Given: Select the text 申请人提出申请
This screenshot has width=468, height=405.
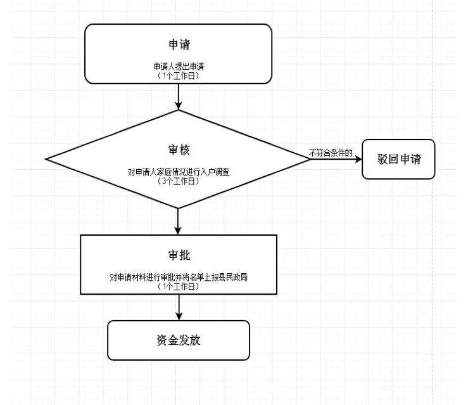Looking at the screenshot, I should tap(179, 66).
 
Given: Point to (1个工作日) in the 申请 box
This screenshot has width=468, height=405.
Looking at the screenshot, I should tap(179, 74).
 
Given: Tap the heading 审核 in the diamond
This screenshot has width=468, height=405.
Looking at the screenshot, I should tap(179, 150).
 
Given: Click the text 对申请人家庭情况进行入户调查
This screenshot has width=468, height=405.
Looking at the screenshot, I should tap(179, 172).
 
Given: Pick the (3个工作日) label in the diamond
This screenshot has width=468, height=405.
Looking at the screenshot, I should tap(179, 181).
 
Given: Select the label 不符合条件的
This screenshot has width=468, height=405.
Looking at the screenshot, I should tap(330, 153).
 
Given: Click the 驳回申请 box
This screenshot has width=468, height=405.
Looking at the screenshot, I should tap(398, 158).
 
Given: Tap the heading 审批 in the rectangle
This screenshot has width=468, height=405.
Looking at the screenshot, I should tap(179, 255).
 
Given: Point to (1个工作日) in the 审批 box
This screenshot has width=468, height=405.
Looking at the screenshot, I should tap(179, 286).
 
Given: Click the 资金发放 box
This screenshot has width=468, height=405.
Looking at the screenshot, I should tap(179, 340).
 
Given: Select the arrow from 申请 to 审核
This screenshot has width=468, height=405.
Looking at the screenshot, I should tap(179, 95).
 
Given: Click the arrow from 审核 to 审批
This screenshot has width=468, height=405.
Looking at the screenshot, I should tap(179, 221).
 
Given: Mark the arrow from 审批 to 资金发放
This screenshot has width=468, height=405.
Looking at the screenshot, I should tap(179, 307).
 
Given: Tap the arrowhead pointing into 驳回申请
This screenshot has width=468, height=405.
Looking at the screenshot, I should tap(357, 158).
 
